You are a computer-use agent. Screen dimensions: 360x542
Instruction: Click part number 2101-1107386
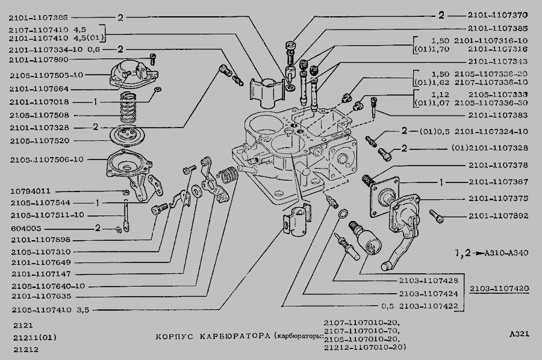(38, 18)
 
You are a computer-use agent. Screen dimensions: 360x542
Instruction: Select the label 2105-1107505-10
(46, 75)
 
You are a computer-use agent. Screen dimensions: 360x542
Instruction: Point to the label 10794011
(30, 191)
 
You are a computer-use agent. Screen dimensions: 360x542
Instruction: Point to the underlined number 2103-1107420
(499, 288)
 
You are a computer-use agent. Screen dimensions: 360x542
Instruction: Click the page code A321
(519, 335)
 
